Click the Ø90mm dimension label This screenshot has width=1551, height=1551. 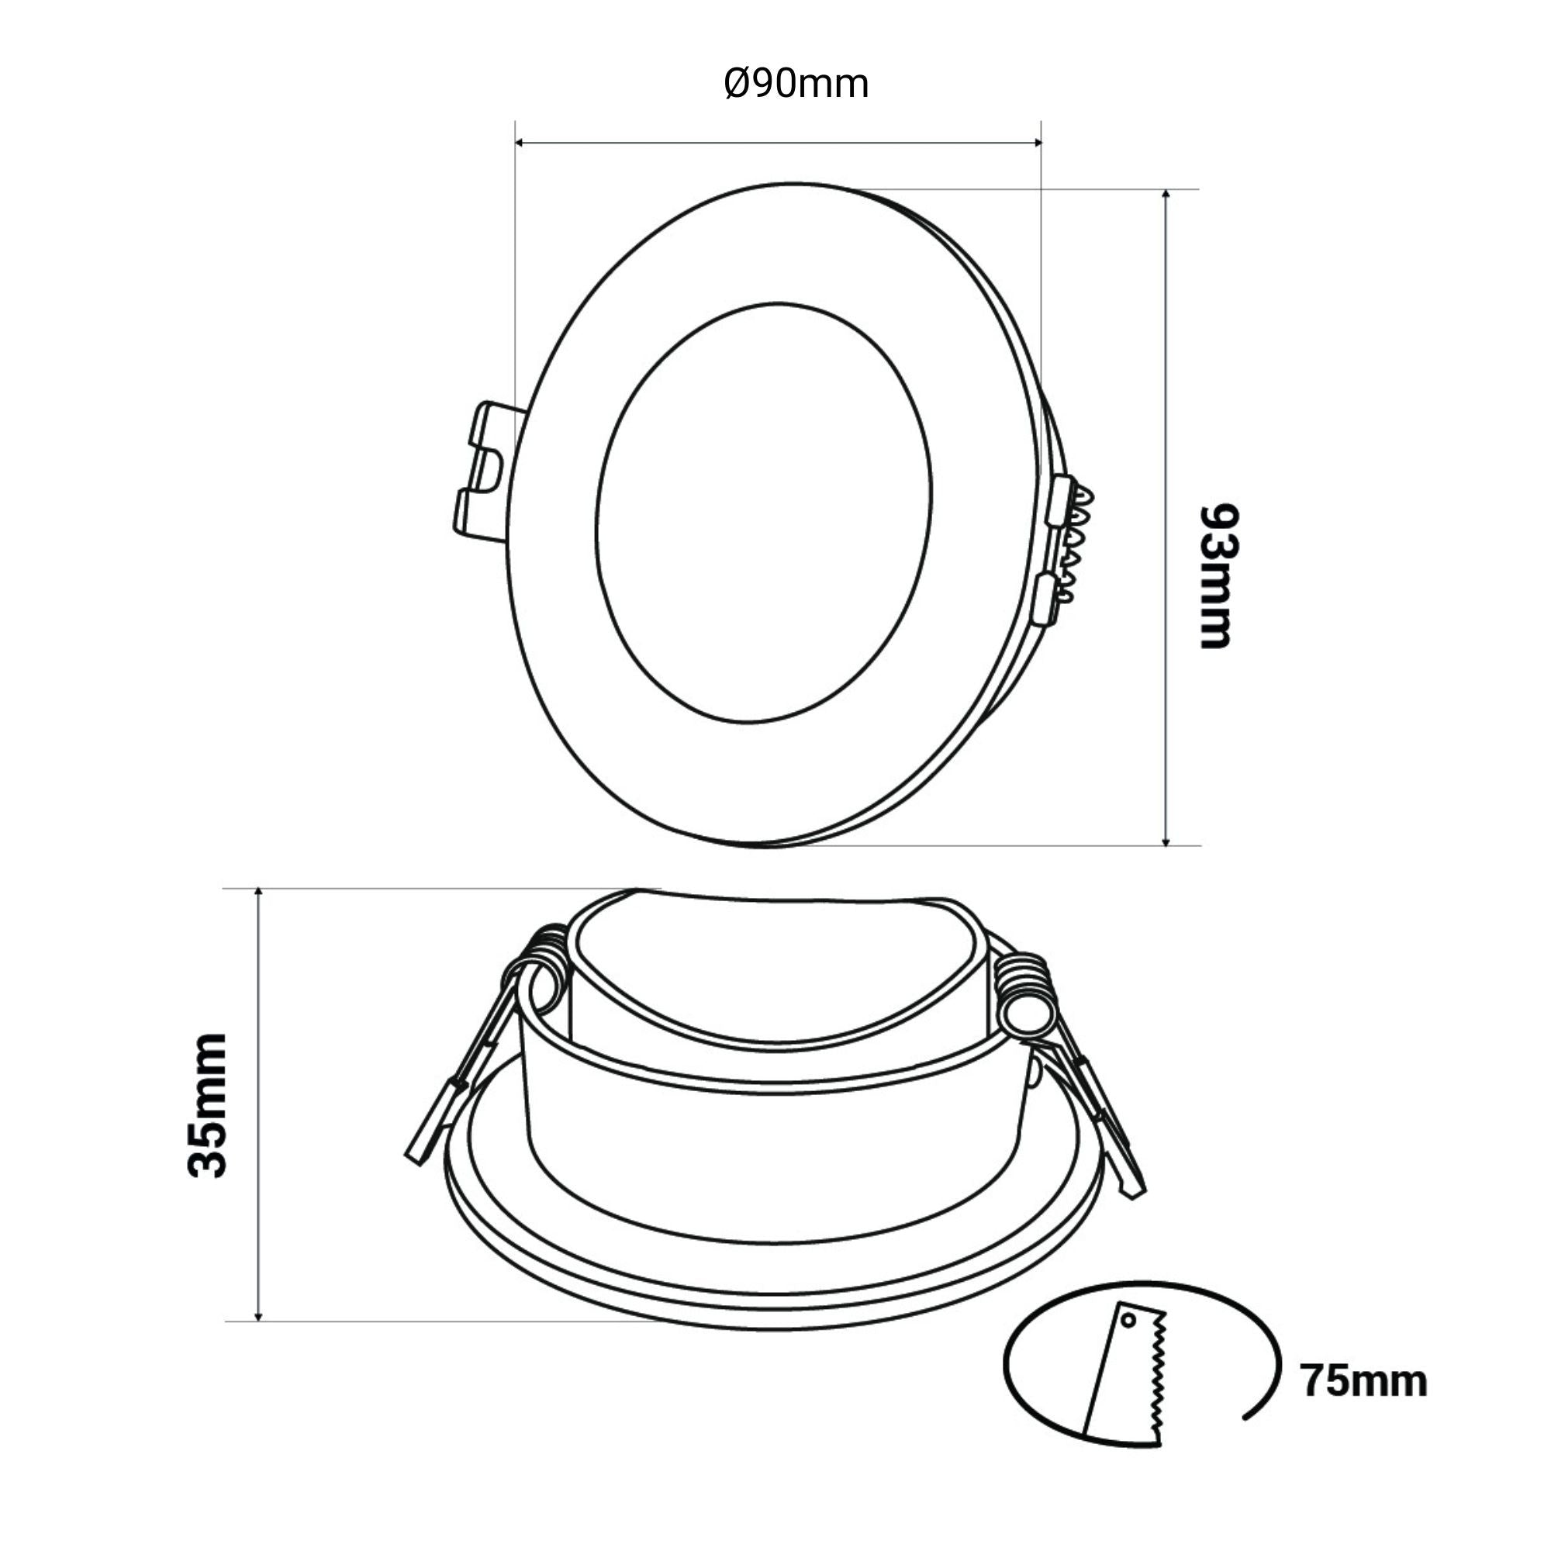[796, 85]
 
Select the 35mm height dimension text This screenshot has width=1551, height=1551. [207, 1105]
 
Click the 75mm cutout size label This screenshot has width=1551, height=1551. [1363, 1382]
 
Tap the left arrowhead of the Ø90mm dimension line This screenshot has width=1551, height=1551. [520, 143]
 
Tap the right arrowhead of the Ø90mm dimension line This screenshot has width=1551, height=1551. [1036, 143]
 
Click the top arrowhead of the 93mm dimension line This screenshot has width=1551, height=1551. [1166, 195]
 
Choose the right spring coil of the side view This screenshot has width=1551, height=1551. [1025, 994]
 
